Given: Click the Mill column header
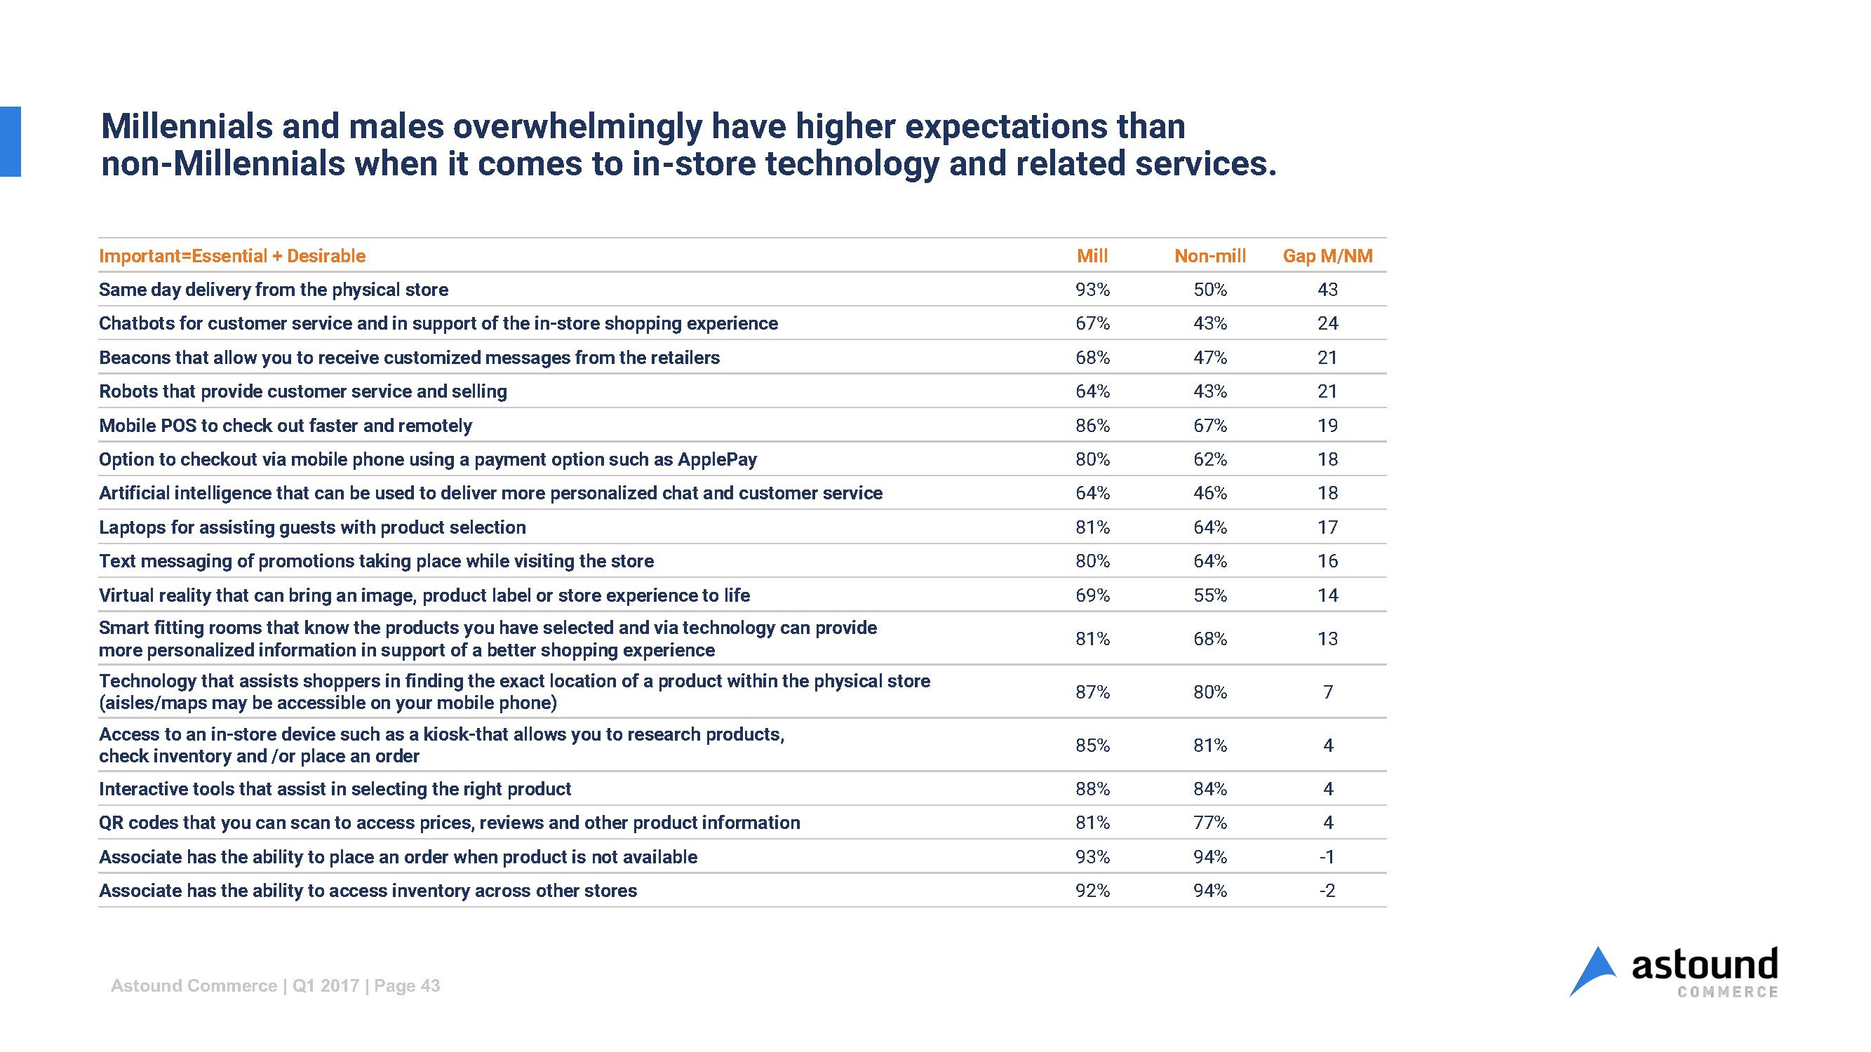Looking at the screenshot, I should [x=1092, y=255].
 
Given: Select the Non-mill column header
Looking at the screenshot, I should [x=1209, y=255].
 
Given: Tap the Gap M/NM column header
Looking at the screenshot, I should [x=1327, y=255].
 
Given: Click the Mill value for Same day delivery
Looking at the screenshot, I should [x=1092, y=290].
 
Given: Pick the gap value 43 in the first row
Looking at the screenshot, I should [x=1327, y=290].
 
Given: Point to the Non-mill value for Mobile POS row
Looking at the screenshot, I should [x=1209, y=426].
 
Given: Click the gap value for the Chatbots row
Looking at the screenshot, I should [x=1327, y=323].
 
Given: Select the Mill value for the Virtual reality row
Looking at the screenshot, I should [x=1092, y=595].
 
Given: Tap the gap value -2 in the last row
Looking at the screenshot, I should [x=1327, y=891].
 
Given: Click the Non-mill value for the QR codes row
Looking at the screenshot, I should [x=1209, y=823].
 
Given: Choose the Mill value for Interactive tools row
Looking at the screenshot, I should [x=1092, y=789].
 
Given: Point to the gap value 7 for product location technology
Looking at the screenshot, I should [x=1328, y=692].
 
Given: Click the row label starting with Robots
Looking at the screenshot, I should [x=302, y=391].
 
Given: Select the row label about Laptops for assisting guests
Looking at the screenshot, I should [x=311, y=527].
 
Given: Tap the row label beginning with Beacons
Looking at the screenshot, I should [x=409, y=357].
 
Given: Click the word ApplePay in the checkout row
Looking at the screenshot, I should [x=717, y=459].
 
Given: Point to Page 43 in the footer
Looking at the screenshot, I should [x=407, y=985].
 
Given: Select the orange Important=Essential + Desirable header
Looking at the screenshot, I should [x=232, y=255].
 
